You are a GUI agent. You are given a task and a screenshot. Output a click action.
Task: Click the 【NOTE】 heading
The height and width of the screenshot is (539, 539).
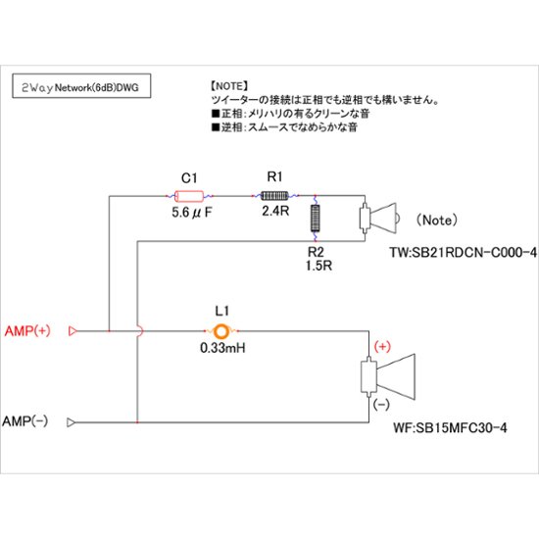pyautogui.click(x=231, y=86)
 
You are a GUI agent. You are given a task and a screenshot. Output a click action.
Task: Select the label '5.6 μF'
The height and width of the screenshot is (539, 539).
pyautogui.click(x=192, y=211)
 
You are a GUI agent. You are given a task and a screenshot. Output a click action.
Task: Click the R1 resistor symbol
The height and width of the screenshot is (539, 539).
pyautogui.click(x=274, y=195)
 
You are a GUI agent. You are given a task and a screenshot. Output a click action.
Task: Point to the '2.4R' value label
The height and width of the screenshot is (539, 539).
pyautogui.click(x=274, y=211)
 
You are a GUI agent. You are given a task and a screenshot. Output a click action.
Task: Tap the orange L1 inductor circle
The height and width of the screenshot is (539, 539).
pyautogui.click(x=222, y=331)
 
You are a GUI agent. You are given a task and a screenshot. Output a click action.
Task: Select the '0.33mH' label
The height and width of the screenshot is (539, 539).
pyautogui.click(x=222, y=348)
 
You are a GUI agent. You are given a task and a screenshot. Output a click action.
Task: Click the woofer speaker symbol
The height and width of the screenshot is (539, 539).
pyautogui.click(x=388, y=376)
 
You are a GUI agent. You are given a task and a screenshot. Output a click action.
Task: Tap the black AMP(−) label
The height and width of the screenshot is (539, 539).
pyautogui.click(x=27, y=421)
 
